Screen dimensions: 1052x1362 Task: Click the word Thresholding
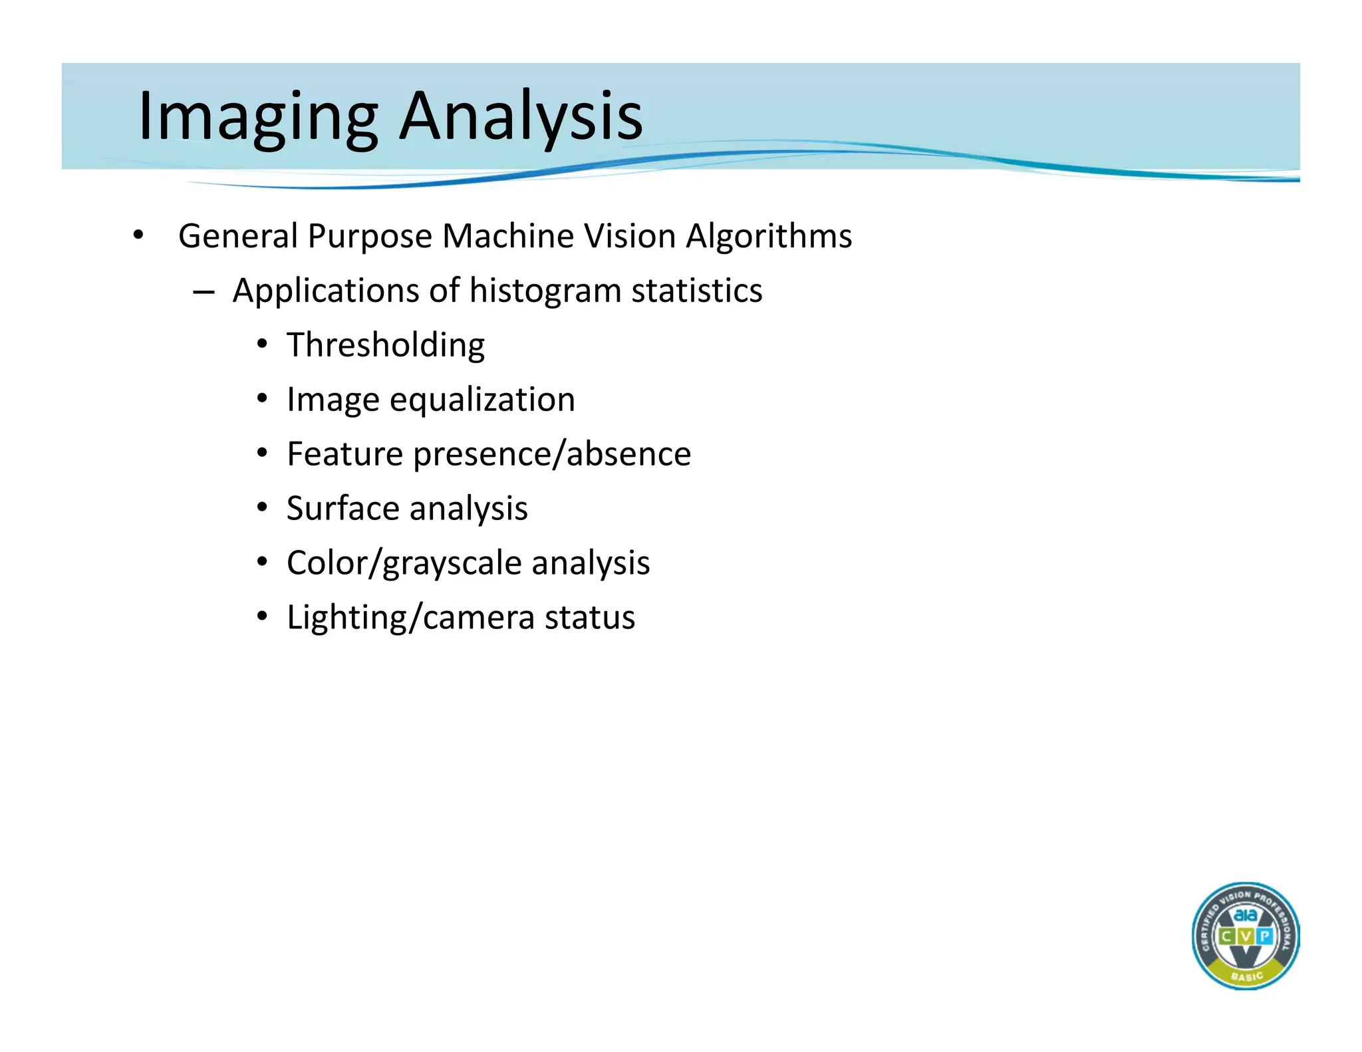[x=386, y=345]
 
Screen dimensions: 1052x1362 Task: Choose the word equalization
[x=482, y=400]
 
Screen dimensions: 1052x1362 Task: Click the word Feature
[x=344, y=454]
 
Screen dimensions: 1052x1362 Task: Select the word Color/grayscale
[x=404, y=563]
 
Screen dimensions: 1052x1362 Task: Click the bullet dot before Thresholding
[x=263, y=344]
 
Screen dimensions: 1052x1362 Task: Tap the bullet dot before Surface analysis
[x=263, y=508]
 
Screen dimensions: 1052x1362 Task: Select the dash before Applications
[x=204, y=292]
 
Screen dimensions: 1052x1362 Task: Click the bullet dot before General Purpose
[x=138, y=235]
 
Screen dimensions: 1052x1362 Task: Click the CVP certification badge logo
[x=1245, y=936]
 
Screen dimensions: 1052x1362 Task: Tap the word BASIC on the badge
[x=1246, y=976]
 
